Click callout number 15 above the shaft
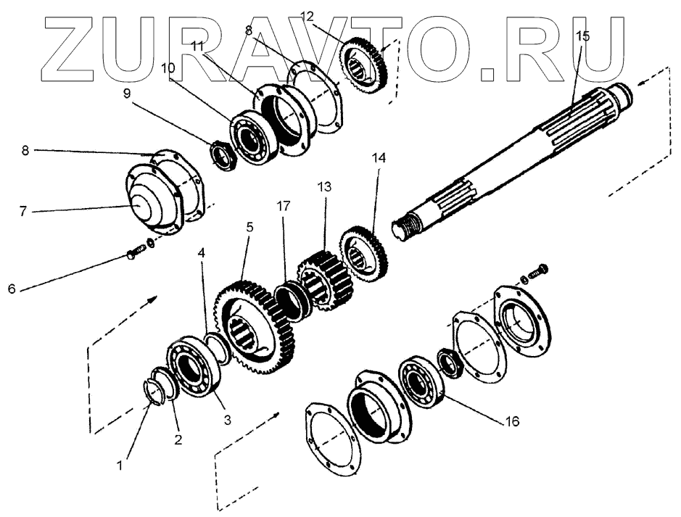582,36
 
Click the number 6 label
11,289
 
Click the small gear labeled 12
366,62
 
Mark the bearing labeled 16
419,378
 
